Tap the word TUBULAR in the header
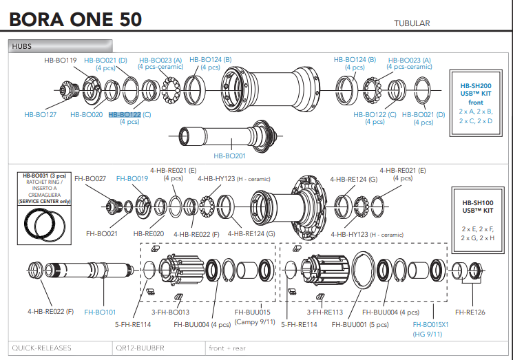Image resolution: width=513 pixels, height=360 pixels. click(x=412, y=23)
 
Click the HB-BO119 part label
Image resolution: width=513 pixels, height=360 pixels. click(x=61, y=61)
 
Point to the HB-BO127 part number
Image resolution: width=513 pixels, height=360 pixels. click(x=40, y=115)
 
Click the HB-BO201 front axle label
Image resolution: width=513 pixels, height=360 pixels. click(x=230, y=156)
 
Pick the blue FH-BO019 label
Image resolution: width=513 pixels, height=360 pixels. click(x=133, y=179)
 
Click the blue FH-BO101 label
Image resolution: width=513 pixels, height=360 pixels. click(x=100, y=312)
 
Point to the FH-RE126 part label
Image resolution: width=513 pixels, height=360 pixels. click(x=470, y=312)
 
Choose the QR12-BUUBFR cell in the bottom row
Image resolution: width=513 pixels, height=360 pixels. click(x=140, y=348)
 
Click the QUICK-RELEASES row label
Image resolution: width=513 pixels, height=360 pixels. click(x=42, y=348)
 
